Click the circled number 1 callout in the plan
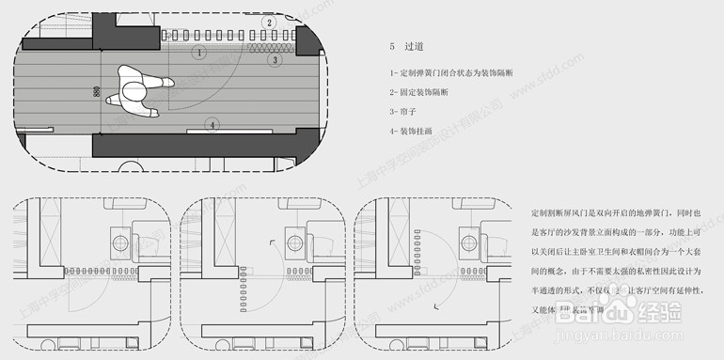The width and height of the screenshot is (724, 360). click(198, 53)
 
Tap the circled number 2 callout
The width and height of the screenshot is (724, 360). click(269, 23)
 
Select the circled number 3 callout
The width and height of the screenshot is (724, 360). click(275, 60)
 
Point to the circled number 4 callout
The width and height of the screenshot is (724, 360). click(213, 125)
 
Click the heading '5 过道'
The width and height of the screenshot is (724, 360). click(406, 45)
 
